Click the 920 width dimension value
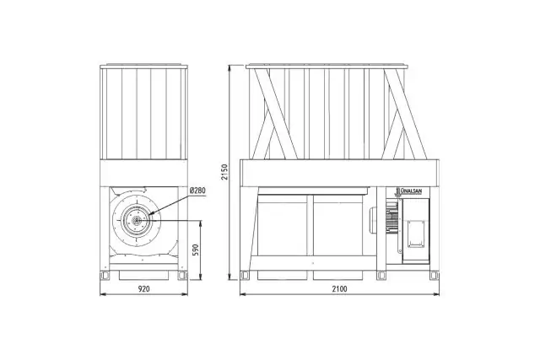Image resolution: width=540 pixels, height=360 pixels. click(144, 288)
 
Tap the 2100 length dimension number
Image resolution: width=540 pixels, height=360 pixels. click(339, 288)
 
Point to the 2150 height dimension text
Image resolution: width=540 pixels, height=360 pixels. click(224, 172)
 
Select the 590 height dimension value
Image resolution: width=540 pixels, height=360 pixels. click(195, 250)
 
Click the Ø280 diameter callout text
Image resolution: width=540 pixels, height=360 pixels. click(197, 190)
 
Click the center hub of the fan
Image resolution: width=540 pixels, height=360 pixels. click(137, 220)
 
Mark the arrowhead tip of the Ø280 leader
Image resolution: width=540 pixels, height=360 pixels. click(148, 216)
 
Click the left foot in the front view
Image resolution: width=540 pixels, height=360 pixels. click(105, 276)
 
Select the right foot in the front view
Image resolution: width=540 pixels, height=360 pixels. click(183, 276)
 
